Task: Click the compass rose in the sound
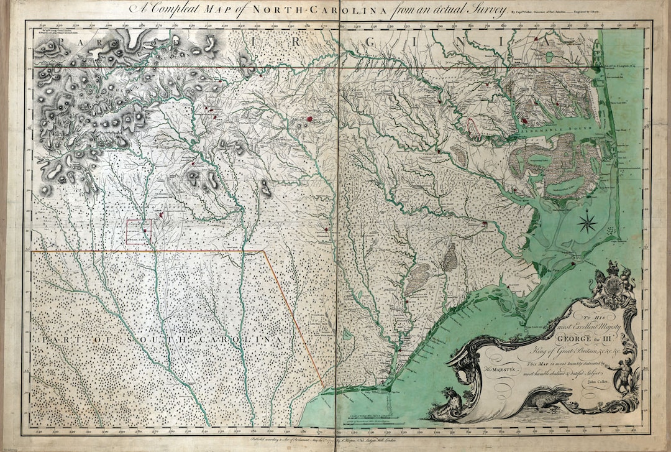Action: coord(588,222)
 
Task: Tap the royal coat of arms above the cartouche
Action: coord(612,285)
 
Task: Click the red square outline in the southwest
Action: coord(139,231)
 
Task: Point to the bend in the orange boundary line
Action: coord(264,252)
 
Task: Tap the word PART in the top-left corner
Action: coord(69,42)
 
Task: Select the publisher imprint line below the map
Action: coord(335,439)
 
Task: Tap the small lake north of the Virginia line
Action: coord(549,57)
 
